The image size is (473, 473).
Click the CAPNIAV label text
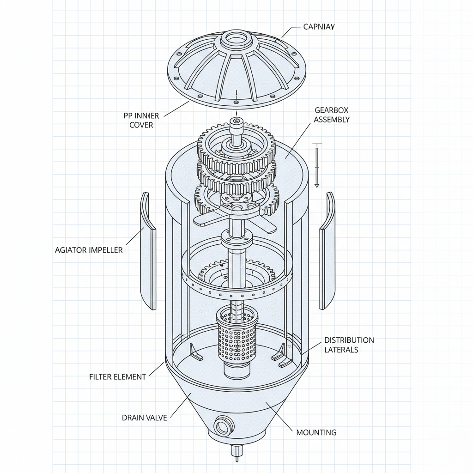coord(319,27)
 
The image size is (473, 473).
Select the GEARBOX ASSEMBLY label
coord(332,115)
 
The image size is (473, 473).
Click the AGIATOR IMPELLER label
coord(89,250)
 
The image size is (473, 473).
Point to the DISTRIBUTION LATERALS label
coord(349,345)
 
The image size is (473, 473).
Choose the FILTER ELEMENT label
coord(117,377)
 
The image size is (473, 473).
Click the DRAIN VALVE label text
coord(144,418)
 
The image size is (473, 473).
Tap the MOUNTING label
coord(316,432)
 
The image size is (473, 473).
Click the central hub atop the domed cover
coord(236,41)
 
